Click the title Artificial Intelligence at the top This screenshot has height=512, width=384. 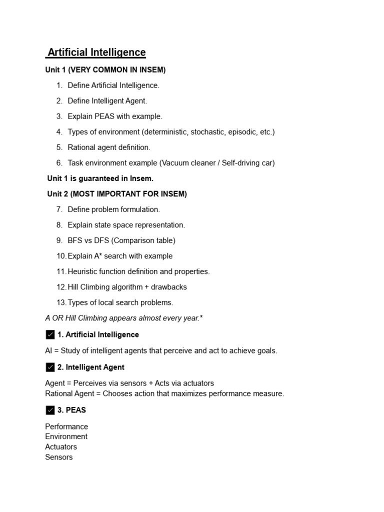pos(96,52)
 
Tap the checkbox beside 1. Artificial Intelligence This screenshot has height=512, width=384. pos(50,334)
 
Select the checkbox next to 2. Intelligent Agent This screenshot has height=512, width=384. pos(50,367)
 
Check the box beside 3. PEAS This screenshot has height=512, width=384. pos(50,410)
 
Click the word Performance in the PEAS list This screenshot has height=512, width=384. pos(66,426)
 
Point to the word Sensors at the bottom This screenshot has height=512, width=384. pos(59,457)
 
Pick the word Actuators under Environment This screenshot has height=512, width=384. pos(61,446)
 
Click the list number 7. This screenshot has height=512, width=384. pos(59,209)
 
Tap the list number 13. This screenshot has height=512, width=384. pos(61,302)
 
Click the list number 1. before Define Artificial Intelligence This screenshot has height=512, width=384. pos(59,85)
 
